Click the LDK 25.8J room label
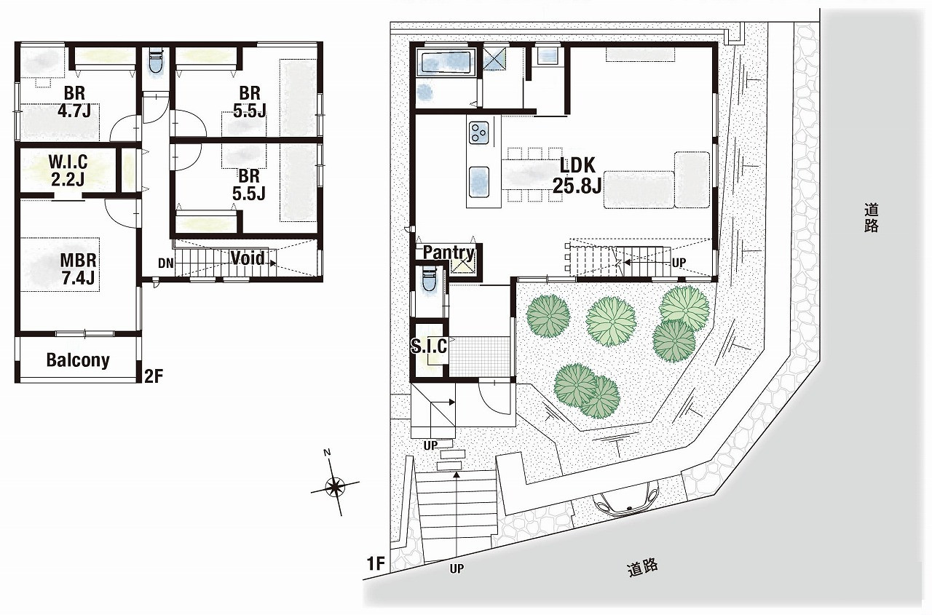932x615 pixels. tap(577, 175)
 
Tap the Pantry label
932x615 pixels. tap(449, 253)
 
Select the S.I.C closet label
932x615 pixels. tap(429, 346)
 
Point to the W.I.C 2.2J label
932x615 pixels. tap(68, 170)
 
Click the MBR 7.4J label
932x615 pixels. tap(78, 269)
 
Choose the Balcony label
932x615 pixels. tap(78, 360)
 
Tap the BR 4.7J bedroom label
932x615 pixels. tap(74, 102)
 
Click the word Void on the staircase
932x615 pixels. tap(248, 258)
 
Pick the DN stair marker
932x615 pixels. tap(165, 263)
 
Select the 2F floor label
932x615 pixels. tap(154, 376)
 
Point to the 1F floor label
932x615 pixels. tap(375, 564)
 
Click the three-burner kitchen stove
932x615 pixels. tap(479, 132)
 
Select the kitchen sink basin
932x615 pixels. tap(479, 182)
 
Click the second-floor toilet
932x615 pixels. tap(157, 63)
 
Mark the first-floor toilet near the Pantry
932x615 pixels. tap(428, 280)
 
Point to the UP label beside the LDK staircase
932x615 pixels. tap(679, 263)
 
